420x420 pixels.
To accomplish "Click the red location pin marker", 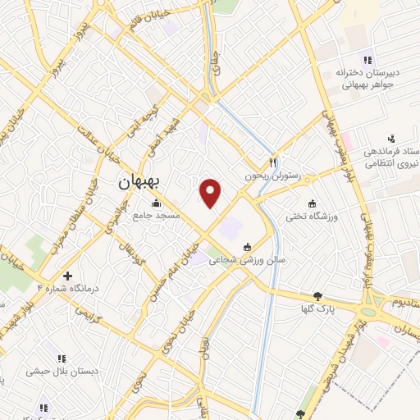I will tap(211, 193).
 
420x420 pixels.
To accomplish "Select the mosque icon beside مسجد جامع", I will tap(155, 202).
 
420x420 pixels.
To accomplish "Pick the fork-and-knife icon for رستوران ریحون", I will tap(274, 162).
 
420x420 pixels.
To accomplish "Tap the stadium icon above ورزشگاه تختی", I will tap(311, 203).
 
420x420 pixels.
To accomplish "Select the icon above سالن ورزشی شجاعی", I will tap(247, 247).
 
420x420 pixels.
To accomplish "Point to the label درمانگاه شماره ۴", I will tap(64, 289).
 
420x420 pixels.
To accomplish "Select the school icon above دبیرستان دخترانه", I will tap(367, 58).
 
